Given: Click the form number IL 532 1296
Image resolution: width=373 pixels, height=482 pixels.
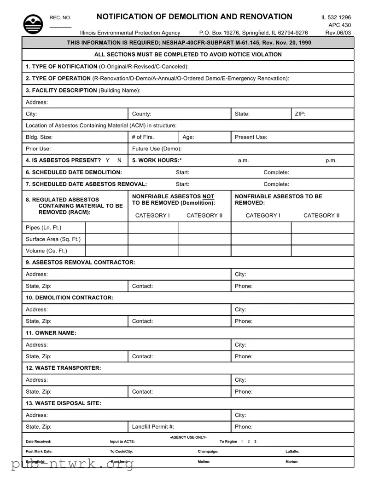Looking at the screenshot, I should [x=336, y=17].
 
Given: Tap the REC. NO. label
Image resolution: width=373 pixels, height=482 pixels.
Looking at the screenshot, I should [x=60, y=18].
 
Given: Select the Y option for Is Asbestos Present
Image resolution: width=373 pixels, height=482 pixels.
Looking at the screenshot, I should [x=107, y=161].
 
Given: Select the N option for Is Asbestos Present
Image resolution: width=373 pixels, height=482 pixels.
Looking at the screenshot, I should [x=120, y=161].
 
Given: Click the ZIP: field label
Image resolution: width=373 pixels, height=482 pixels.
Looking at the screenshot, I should [x=300, y=114].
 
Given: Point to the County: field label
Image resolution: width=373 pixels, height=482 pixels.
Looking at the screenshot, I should [x=142, y=114].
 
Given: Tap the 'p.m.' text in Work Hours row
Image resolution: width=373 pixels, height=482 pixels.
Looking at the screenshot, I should [x=331, y=161].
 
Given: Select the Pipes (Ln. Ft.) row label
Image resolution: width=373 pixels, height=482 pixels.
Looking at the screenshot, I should [x=43, y=228].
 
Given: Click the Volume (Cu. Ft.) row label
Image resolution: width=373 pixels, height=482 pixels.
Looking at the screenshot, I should [x=47, y=251].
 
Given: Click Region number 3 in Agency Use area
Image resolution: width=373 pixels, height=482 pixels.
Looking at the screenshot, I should [x=256, y=442].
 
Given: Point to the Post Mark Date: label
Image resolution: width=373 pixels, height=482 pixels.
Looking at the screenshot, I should [x=39, y=452].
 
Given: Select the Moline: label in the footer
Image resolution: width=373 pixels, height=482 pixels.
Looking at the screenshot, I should [x=204, y=462].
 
